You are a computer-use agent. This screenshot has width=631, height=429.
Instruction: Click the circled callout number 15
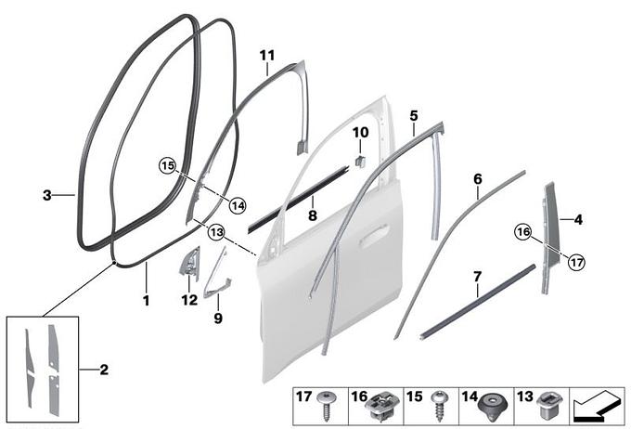point(168,165)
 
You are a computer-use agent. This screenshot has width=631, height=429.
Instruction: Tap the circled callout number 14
point(238,206)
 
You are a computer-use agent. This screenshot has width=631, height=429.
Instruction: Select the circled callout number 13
point(216,232)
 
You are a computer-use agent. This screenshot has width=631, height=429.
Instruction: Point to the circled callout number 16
point(523,231)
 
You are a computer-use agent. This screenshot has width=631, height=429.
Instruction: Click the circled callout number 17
point(576,262)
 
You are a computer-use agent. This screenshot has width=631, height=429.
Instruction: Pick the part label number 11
point(267,55)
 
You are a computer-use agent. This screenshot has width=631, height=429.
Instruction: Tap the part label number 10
point(360,132)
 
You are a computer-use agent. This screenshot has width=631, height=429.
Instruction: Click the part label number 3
point(47,195)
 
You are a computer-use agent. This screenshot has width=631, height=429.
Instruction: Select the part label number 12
point(189,300)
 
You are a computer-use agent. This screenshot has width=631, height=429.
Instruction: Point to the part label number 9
point(218,318)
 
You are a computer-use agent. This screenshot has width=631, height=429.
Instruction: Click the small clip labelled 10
point(359,161)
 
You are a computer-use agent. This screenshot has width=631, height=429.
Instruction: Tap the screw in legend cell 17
point(325,406)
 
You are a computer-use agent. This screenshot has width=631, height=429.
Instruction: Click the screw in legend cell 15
point(438,407)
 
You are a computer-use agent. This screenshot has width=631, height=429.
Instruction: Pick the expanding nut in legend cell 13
point(548,406)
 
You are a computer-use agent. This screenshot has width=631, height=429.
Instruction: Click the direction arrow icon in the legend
point(597,408)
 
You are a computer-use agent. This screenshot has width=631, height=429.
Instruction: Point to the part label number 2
point(104,370)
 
